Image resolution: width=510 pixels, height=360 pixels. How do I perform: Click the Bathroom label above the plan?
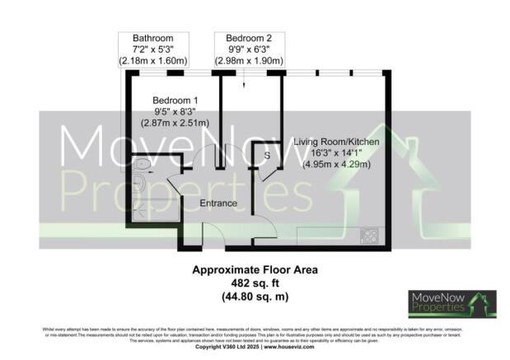(x=155, y=39)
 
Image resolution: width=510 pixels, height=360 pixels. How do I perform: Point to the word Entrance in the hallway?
(x=218, y=203)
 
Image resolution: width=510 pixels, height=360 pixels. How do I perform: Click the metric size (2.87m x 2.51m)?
(x=175, y=122)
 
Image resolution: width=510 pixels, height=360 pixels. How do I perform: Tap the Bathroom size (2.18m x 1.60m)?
(x=155, y=61)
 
